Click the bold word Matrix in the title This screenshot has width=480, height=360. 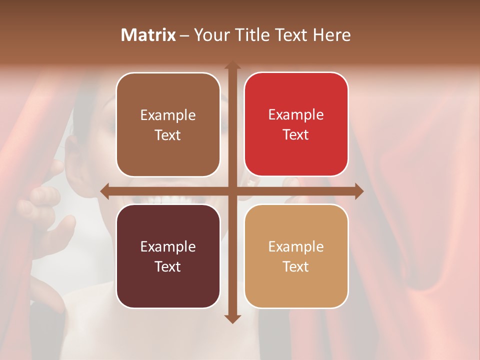[x=148, y=35]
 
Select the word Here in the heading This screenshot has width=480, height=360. [x=331, y=35]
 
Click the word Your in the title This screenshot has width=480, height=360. [x=209, y=35]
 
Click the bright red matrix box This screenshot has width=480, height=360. [x=296, y=124]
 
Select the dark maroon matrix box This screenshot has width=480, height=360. [x=168, y=256]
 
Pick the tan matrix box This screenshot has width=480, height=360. [x=296, y=256]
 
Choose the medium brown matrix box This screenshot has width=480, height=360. [x=168, y=124]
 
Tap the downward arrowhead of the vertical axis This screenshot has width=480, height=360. [x=232, y=318]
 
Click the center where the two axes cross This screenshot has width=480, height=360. [x=232, y=191]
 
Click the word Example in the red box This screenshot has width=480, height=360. [x=296, y=114]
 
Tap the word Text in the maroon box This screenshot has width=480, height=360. [x=168, y=266]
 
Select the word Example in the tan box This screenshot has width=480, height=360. [x=296, y=246]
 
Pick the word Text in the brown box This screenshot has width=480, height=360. [x=168, y=135]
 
